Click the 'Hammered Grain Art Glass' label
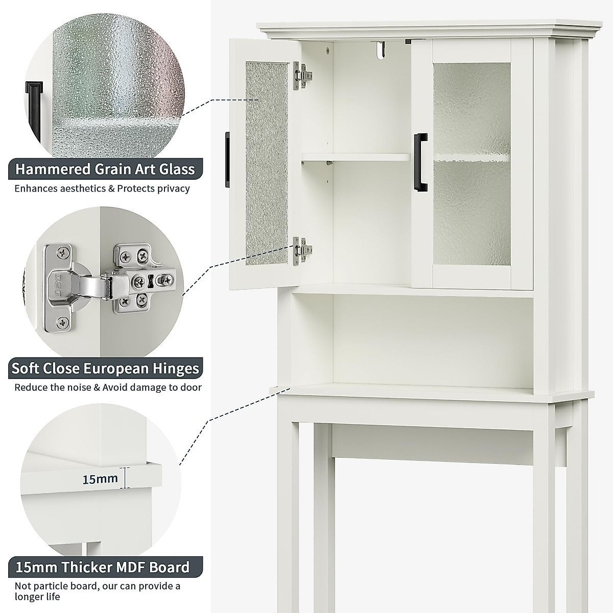pos(105,169)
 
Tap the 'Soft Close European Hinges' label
pos(105,368)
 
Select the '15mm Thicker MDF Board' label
pos(102,567)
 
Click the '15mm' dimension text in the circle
pos(100,479)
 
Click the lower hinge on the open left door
pos(303,250)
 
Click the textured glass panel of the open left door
pos(266,163)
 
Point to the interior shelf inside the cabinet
pos(356,157)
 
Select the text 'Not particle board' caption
pos(55,586)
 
